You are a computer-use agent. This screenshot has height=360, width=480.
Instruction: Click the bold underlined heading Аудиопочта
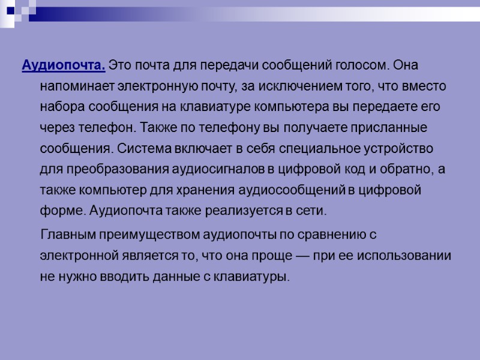(x=64, y=65)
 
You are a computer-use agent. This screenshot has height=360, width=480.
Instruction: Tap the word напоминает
(x=76, y=86)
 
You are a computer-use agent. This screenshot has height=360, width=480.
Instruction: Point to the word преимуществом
(x=146, y=234)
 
